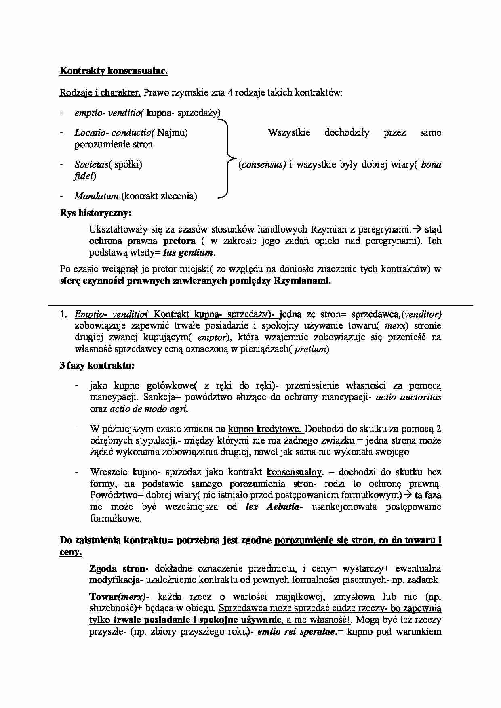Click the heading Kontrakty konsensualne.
(x=114, y=71)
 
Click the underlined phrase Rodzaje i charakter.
(x=100, y=92)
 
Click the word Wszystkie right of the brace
(x=289, y=132)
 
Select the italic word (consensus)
(x=262, y=165)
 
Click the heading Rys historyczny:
(x=96, y=213)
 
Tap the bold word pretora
(x=179, y=241)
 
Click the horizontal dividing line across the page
(x=260, y=305)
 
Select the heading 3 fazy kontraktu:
(x=97, y=366)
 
